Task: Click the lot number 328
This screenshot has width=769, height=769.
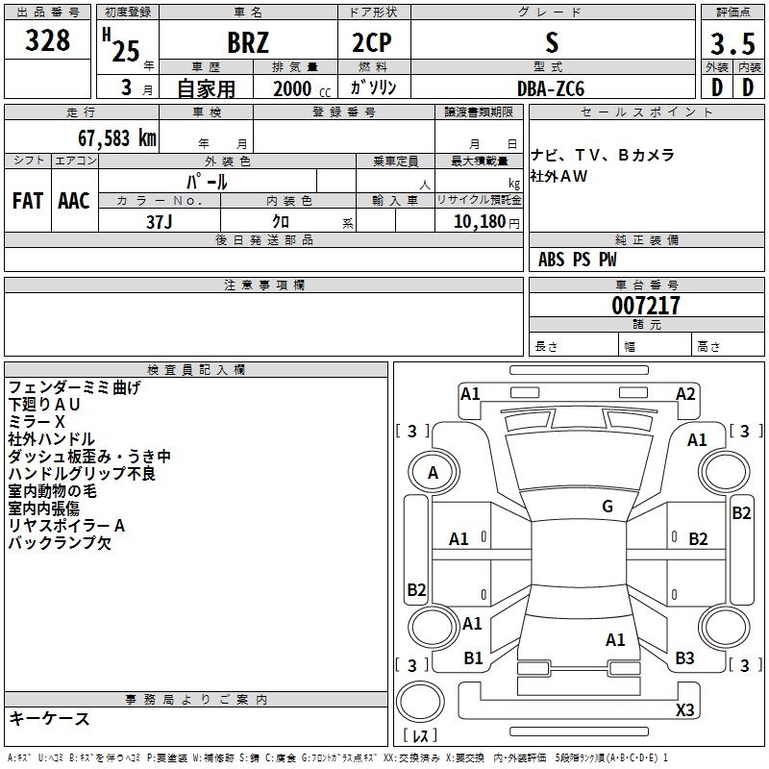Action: [47, 41]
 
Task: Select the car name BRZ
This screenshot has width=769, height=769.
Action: [248, 43]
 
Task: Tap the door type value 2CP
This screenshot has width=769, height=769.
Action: [373, 43]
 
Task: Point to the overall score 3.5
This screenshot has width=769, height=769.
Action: [732, 43]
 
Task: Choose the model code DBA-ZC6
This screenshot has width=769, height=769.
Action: [551, 88]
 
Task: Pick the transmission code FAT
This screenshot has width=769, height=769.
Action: [27, 201]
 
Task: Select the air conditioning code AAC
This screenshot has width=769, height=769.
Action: [73, 201]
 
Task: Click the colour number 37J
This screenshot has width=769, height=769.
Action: [159, 221]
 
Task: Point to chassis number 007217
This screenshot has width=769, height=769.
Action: [646, 306]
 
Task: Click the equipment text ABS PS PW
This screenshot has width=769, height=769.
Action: [578, 260]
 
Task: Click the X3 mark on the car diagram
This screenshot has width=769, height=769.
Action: [684, 710]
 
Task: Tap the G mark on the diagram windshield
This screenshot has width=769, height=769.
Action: [608, 507]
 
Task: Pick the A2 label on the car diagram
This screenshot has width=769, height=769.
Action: [685, 393]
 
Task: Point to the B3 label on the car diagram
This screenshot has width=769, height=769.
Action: [684, 658]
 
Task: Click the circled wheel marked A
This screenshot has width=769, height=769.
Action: [433, 473]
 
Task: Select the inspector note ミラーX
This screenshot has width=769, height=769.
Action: [37, 422]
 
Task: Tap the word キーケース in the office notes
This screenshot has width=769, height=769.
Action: [49, 719]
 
